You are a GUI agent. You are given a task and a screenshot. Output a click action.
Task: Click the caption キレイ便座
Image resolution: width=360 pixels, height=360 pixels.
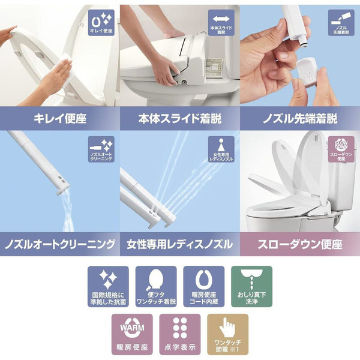click(59, 118)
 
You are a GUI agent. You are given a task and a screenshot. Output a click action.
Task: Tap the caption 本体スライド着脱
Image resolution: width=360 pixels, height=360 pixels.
click(179, 118)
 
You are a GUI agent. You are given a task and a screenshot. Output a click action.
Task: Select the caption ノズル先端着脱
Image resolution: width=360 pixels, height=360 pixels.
click(300, 118)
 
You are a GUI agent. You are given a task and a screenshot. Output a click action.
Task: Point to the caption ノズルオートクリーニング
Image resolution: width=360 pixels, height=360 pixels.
click(59, 245)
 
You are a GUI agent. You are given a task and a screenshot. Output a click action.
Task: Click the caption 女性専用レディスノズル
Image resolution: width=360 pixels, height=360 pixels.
click(179, 245)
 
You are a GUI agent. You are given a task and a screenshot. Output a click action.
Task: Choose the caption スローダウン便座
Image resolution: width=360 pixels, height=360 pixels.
click(300, 245)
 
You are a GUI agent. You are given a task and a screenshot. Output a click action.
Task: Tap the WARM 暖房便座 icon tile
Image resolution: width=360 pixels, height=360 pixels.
click(131, 334)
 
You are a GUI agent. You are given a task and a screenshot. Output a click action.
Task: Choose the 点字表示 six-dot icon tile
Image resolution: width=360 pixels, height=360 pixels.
click(179, 334)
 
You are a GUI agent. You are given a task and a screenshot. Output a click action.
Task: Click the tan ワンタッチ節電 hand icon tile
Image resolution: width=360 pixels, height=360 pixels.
click(227, 334)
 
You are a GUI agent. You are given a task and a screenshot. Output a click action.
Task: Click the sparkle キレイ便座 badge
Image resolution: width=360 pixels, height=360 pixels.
click(100, 22)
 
